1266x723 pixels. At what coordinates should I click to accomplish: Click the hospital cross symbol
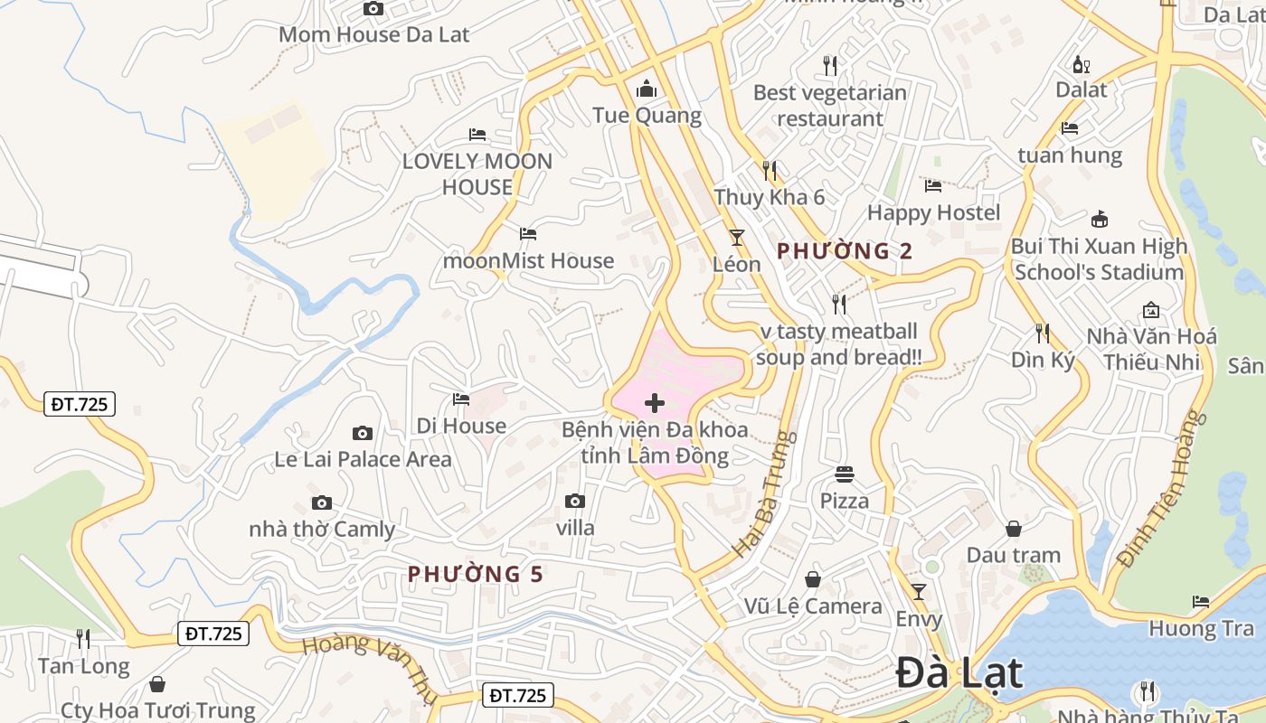point(655,403)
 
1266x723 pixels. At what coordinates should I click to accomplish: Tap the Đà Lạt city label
point(959,674)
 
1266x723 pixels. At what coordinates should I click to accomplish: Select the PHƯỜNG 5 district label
point(476,574)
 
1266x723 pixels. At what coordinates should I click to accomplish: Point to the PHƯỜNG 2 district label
point(846,251)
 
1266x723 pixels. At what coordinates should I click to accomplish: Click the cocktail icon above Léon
point(737,238)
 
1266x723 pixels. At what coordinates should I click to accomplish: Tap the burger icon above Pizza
point(845,474)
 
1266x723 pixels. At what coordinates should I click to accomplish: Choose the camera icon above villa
point(575,501)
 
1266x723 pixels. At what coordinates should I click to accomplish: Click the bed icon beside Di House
point(461,399)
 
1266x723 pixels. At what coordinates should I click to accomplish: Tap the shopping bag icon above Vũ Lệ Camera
point(813,579)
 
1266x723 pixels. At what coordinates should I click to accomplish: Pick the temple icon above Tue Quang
point(647,89)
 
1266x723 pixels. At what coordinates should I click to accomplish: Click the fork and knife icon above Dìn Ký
point(1043,333)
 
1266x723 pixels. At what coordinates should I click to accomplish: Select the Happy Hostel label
point(934,213)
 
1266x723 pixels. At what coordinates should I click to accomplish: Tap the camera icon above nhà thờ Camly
point(322,503)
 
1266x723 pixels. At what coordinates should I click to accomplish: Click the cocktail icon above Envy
point(919,592)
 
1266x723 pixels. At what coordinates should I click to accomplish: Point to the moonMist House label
point(528,261)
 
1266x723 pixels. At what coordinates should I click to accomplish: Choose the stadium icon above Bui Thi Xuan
point(1100,219)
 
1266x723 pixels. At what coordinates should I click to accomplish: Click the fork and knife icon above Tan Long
point(83,639)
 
